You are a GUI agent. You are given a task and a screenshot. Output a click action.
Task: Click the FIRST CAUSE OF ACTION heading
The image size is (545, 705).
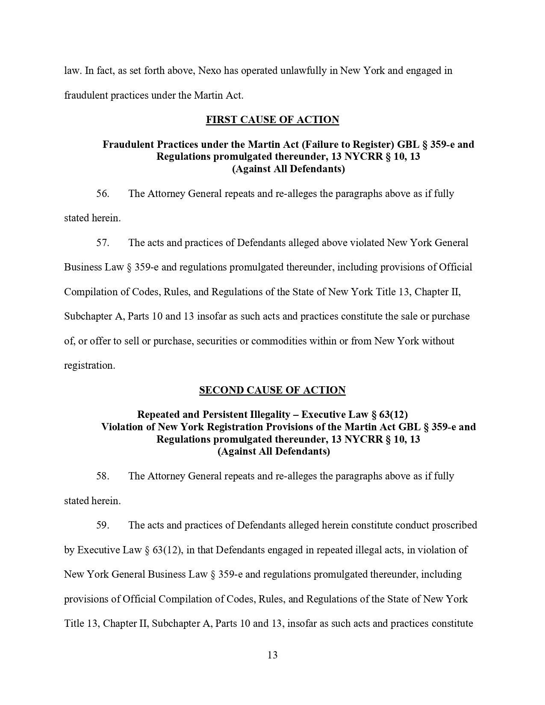[x=272, y=120]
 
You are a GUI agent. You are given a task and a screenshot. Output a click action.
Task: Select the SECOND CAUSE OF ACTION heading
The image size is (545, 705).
[x=272, y=390]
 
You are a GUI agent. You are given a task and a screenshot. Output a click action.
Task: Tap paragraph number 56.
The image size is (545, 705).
[x=103, y=194]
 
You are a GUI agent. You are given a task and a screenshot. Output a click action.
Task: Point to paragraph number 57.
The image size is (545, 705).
[x=103, y=243]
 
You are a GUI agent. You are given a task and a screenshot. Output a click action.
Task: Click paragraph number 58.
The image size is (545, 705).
[x=103, y=476]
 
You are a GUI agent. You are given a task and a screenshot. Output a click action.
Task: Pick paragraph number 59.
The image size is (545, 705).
[x=103, y=525]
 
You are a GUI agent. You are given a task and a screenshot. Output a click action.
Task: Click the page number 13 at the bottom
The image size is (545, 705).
[x=272, y=655]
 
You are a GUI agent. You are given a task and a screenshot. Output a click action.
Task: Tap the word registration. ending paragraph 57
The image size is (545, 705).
[x=89, y=366]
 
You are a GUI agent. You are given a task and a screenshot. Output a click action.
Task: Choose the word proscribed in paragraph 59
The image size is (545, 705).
[x=454, y=525]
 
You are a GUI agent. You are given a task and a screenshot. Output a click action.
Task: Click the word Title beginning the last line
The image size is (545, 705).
[x=74, y=623]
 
